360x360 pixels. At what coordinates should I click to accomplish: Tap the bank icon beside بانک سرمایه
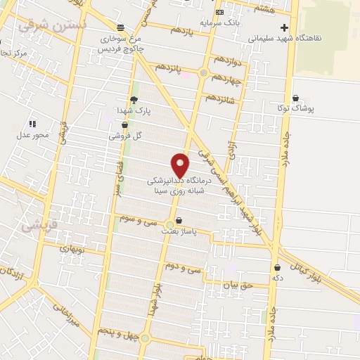pos(220,12)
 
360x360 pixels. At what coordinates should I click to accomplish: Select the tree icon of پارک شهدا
pos(133,99)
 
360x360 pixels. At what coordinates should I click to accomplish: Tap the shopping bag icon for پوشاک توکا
pos(295,98)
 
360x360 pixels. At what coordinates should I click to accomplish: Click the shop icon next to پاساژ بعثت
pos(179,219)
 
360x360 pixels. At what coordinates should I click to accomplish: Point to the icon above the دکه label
pos(277,266)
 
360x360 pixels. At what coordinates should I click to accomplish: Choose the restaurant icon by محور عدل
pos(32,123)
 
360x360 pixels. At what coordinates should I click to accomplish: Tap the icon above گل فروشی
pos(124,124)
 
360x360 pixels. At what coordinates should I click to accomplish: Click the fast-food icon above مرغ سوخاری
pos(122,27)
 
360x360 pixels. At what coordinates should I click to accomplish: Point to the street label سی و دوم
pos(186,268)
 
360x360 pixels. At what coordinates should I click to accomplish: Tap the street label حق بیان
pos(236,285)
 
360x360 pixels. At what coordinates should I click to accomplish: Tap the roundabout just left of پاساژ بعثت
pos(169,225)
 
